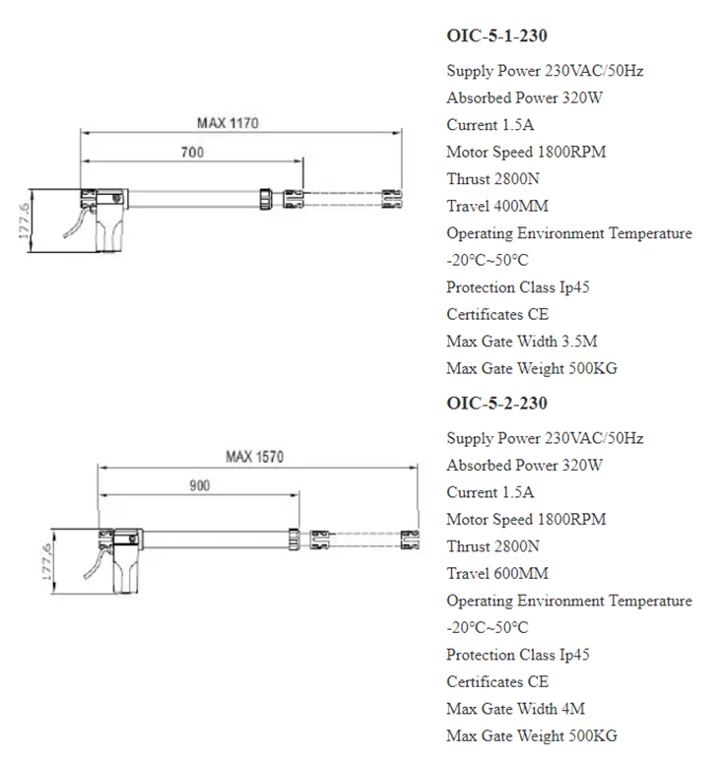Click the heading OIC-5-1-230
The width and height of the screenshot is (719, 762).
(496, 36)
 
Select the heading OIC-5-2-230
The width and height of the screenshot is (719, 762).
(496, 404)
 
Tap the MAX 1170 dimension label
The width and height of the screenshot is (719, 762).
(227, 123)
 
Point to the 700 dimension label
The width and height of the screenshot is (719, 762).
(193, 153)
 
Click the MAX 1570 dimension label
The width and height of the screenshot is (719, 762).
(254, 457)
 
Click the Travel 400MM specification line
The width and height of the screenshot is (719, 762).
(497, 207)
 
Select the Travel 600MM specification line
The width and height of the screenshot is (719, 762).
(497, 574)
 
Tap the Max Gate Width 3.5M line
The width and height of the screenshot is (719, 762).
(522, 342)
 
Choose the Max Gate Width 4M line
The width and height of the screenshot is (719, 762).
(516, 709)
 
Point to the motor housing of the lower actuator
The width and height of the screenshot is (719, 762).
(128, 568)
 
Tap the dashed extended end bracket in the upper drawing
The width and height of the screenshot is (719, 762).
(392, 199)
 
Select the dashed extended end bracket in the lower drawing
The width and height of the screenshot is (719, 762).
(410, 539)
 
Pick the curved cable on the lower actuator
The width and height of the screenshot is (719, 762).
(92, 568)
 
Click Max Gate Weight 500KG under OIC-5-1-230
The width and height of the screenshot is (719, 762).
(532, 369)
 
